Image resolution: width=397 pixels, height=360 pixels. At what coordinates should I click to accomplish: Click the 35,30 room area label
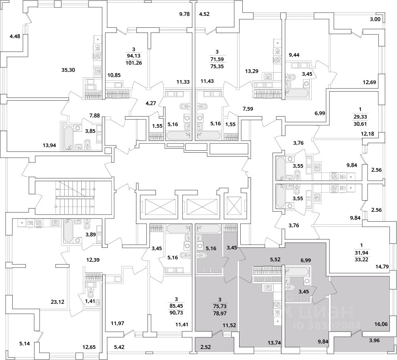click(x=68, y=70)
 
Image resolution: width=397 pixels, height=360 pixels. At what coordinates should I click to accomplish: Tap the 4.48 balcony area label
click(x=15, y=36)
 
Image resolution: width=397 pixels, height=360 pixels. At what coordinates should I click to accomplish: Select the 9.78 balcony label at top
click(x=184, y=14)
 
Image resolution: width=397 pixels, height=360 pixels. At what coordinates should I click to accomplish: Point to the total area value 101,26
click(x=134, y=63)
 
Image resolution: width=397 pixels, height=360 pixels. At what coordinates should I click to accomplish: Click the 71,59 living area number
click(x=217, y=60)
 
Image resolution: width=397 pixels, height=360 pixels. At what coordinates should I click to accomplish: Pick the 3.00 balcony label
click(x=375, y=19)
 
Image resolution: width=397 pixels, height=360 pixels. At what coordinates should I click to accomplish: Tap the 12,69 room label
click(x=369, y=82)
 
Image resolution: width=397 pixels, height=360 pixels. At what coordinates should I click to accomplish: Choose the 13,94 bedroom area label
click(x=50, y=146)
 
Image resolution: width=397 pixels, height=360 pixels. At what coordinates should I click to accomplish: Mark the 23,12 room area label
click(x=58, y=302)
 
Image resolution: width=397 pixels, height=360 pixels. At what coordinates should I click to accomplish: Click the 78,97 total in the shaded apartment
click(x=219, y=313)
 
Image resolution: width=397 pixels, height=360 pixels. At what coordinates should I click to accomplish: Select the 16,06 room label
click(x=381, y=324)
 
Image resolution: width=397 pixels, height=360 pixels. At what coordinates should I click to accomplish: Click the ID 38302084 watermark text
click(x=327, y=325)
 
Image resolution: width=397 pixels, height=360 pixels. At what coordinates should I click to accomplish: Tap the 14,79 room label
click(x=382, y=266)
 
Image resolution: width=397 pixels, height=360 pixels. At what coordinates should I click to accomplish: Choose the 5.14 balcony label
click(x=25, y=344)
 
